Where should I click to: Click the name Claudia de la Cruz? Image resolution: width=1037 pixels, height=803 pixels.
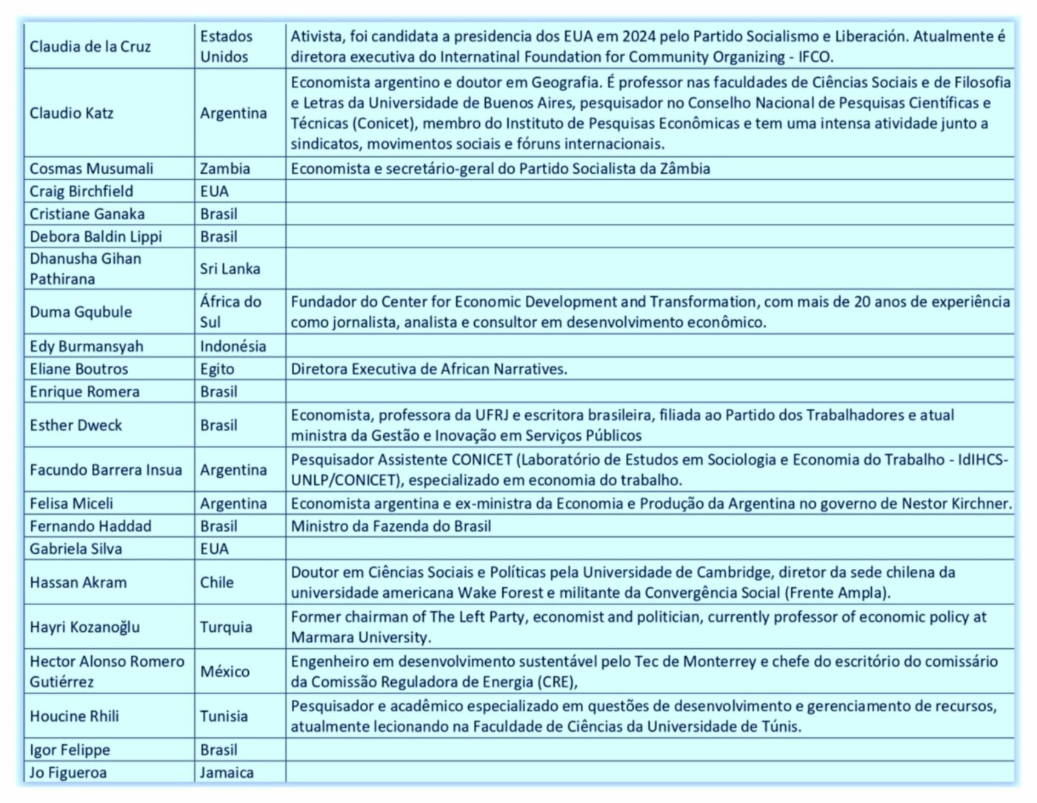(90, 47)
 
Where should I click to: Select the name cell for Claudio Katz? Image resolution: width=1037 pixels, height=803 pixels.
(72, 113)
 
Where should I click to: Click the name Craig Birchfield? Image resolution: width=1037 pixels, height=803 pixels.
(81, 191)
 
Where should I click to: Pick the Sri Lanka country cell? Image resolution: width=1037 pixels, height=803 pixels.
(230, 269)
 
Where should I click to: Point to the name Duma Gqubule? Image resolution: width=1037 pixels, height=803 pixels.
(81, 312)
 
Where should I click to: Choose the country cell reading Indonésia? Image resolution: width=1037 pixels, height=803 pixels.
(233, 346)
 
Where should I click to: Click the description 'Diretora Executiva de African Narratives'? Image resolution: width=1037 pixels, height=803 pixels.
(429, 369)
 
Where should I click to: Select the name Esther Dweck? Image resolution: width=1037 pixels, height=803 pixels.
(76, 425)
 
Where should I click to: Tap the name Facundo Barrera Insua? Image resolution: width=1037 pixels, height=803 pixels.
(105, 470)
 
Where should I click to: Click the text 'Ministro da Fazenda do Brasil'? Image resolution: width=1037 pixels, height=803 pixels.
(390, 527)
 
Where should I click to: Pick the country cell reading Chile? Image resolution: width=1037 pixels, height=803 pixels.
(216, 582)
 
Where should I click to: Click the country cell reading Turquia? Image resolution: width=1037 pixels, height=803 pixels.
(226, 627)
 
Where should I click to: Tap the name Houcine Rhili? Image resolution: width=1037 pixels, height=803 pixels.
(74, 716)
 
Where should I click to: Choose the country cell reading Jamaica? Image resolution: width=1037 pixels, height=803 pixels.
(227, 773)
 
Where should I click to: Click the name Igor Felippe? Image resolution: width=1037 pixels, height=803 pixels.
(70, 750)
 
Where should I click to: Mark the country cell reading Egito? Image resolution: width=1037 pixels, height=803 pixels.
(217, 369)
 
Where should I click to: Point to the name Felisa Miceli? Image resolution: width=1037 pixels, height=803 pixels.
(71, 504)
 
